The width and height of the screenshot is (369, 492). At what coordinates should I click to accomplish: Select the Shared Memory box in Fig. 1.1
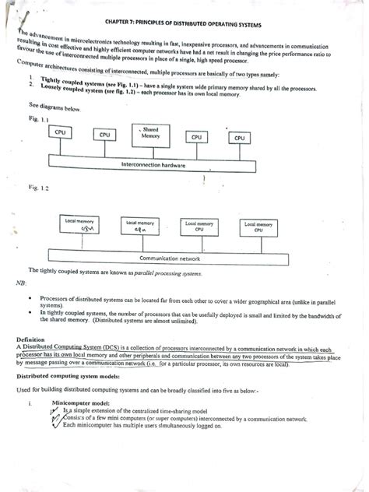[150, 132]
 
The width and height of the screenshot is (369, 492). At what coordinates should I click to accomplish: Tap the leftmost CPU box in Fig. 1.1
[60, 133]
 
